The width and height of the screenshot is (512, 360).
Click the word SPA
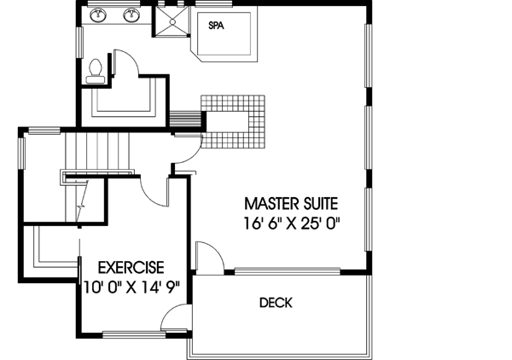tap(217, 26)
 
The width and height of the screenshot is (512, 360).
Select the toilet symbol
tap(96, 68)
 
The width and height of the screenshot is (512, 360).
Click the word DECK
tap(276, 303)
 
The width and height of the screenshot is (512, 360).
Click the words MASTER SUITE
tap(292, 204)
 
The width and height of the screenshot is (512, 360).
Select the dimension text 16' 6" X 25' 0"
tap(292, 224)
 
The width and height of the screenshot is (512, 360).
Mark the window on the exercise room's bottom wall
tap(128, 333)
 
